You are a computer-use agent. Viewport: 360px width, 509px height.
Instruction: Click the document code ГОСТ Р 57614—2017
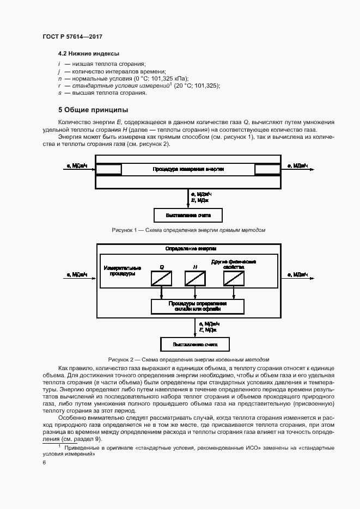(72, 36)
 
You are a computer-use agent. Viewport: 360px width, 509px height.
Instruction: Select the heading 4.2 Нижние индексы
(89, 53)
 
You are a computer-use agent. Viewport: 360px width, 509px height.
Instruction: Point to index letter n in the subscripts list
(59, 78)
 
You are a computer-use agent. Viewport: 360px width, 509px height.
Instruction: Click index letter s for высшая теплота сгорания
(59, 93)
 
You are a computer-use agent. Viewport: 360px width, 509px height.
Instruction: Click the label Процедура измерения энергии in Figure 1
(188, 170)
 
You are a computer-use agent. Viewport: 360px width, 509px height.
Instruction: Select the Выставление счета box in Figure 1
(187, 216)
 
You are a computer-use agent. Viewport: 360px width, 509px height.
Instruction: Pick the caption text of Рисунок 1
(188, 230)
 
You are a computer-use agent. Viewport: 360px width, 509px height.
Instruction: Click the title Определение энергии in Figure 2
(188, 249)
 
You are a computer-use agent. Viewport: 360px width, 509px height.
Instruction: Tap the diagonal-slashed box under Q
(162, 278)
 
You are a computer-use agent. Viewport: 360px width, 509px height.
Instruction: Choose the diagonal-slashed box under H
(194, 278)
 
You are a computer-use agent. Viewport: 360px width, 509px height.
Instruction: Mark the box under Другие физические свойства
(233, 278)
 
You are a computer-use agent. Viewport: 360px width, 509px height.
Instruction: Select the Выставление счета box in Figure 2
(195, 345)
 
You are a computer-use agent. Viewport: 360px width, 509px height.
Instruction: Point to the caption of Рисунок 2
(188, 360)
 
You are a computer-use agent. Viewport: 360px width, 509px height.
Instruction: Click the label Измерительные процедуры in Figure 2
(123, 271)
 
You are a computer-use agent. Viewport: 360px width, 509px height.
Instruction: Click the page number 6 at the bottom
(44, 462)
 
